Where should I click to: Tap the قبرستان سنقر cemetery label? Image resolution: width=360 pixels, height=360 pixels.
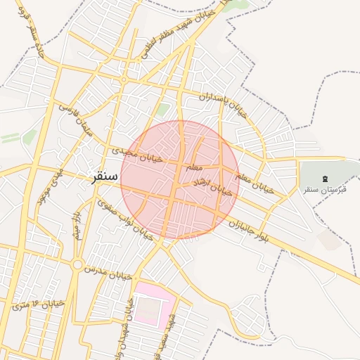click(321, 191)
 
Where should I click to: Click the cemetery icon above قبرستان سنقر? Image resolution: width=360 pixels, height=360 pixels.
click(324, 180)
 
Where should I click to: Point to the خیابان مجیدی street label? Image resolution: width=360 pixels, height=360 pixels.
click(136, 154)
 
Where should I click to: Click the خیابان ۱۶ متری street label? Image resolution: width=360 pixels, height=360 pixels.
click(39, 304)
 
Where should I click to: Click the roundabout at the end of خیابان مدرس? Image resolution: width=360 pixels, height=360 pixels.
click(77, 265)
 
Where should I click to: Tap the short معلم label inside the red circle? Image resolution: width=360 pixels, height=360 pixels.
click(195, 168)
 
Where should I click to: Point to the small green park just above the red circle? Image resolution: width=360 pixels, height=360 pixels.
click(163, 109)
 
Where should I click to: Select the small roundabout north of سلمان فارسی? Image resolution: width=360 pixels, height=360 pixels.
click(124, 80)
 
